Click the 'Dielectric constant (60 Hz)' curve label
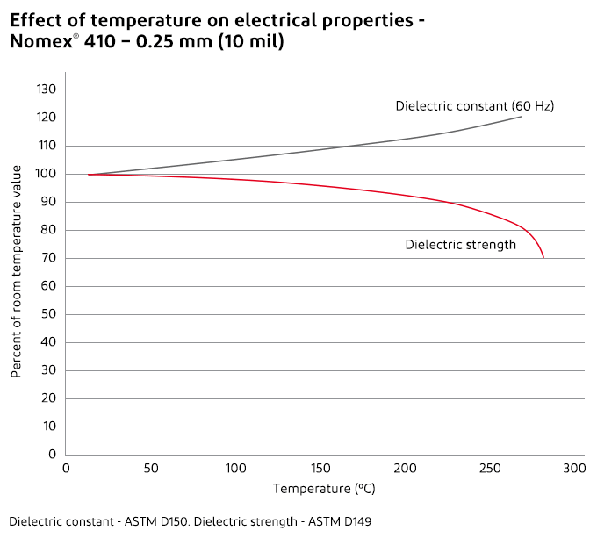tap(474, 106)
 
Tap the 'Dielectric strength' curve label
tap(460, 245)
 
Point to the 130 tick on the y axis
tap(47, 90)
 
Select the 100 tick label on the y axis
tap(47, 174)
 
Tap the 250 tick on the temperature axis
tap(489, 469)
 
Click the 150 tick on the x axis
tap(320, 469)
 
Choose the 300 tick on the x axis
tap(574, 469)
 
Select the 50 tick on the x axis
tap(151, 469)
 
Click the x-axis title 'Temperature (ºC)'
tap(324, 489)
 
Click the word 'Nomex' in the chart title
tap(40, 41)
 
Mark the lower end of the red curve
tap(543, 257)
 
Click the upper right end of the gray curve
tap(522, 117)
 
